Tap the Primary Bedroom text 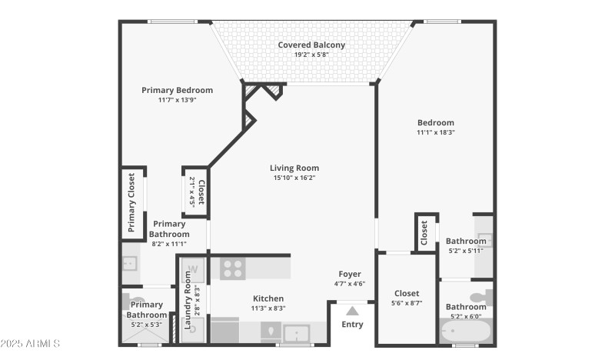click(x=177, y=90)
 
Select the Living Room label click(x=294, y=168)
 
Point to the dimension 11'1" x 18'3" click(x=436, y=132)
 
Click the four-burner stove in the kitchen click(x=232, y=268)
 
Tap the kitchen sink click(x=296, y=334)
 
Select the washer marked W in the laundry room click(x=194, y=270)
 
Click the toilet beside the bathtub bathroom click(x=480, y=297)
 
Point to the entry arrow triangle click(x=352, y=311)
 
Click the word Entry click(x=352, y=325)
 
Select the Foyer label click(x=350, y=274)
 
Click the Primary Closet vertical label click(x=131, y=202)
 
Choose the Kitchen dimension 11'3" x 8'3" click(x=268, y=308)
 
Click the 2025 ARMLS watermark click(x=31, y=343)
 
